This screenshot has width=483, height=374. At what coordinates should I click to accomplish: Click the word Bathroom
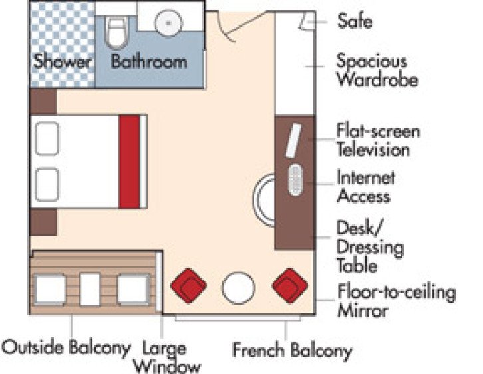(148, 63)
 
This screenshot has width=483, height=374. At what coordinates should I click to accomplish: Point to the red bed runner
(130, 162)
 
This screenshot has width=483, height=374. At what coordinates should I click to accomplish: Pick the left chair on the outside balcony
(50, 289)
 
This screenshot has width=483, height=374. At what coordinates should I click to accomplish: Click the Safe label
(354, 21)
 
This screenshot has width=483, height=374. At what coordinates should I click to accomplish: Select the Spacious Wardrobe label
(377, 70)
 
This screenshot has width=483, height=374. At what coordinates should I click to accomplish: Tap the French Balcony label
(291, 349)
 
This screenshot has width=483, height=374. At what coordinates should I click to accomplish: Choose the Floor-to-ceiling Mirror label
(396, 301)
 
